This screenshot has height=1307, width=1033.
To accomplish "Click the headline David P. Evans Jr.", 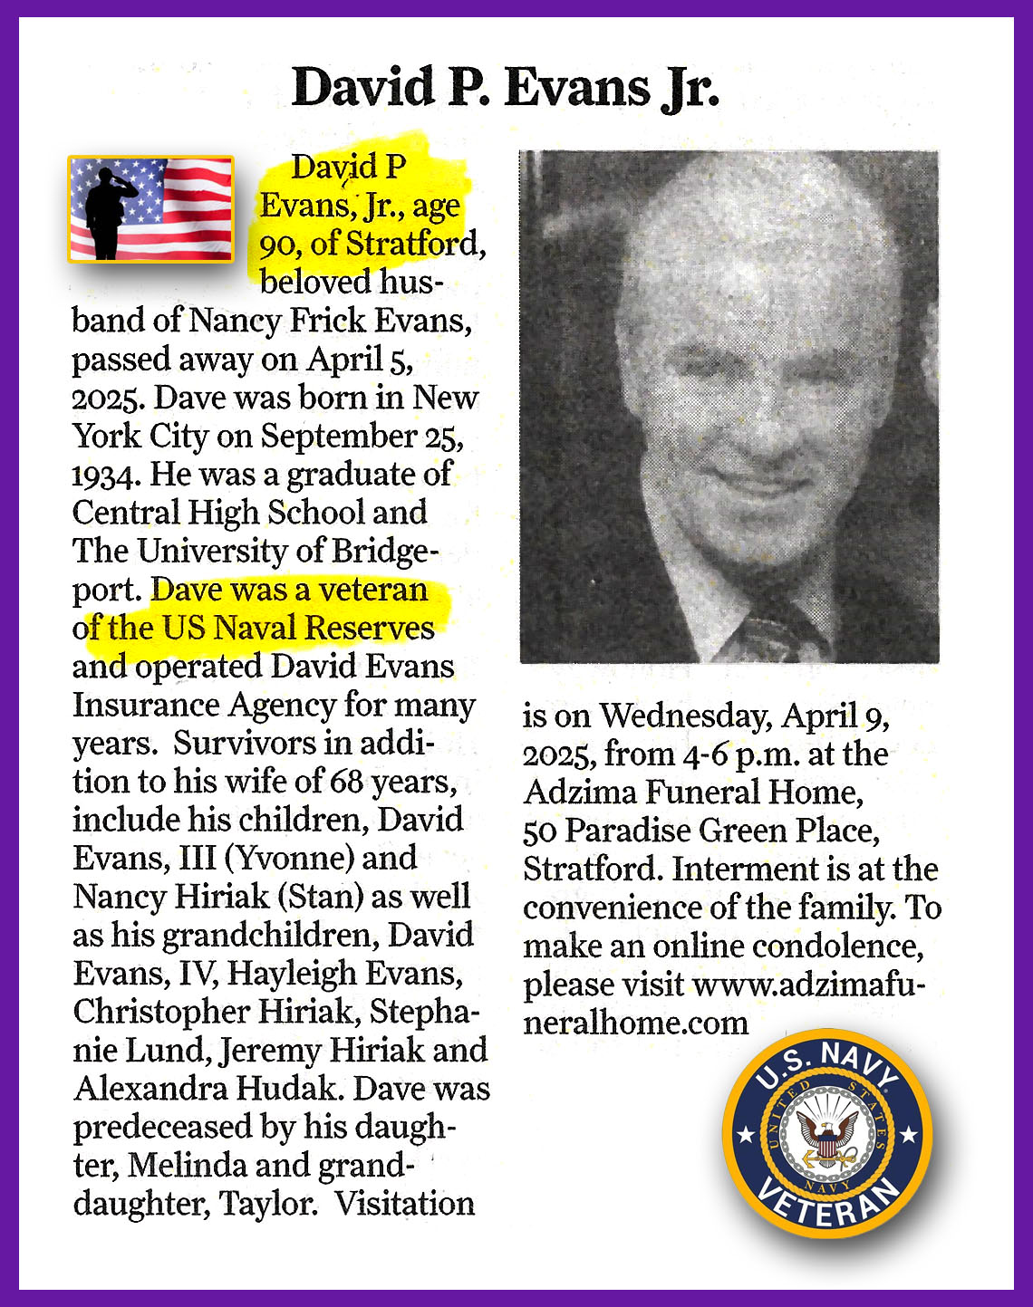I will [506, 89].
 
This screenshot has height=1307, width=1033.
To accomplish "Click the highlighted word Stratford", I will [412, 244].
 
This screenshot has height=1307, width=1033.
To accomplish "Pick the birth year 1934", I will [107, 475].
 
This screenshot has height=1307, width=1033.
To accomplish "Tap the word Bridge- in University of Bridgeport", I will [387, 551].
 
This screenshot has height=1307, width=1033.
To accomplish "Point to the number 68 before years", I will [347, 781].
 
